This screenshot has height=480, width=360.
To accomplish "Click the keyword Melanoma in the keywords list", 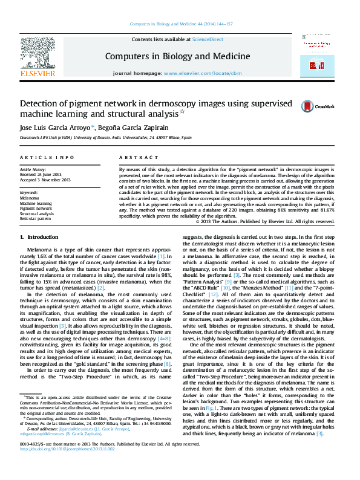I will click(x=29, y=198).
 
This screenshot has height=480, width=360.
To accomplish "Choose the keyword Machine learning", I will click(x=36, y=203).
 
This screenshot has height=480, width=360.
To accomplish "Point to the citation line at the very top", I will click(x=180, y=25).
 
